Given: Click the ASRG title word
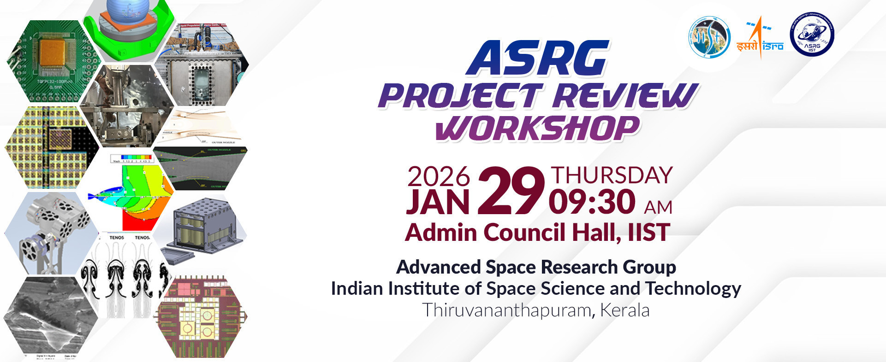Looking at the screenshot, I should coord(537,59).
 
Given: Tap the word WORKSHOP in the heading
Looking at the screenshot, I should coord(538,128).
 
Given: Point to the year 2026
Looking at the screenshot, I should coord(438,176).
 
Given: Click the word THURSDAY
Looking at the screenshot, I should coord(612,175).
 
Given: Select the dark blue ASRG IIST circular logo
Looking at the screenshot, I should coord(812,35).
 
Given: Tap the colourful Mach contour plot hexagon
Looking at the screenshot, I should coord(134,193).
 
